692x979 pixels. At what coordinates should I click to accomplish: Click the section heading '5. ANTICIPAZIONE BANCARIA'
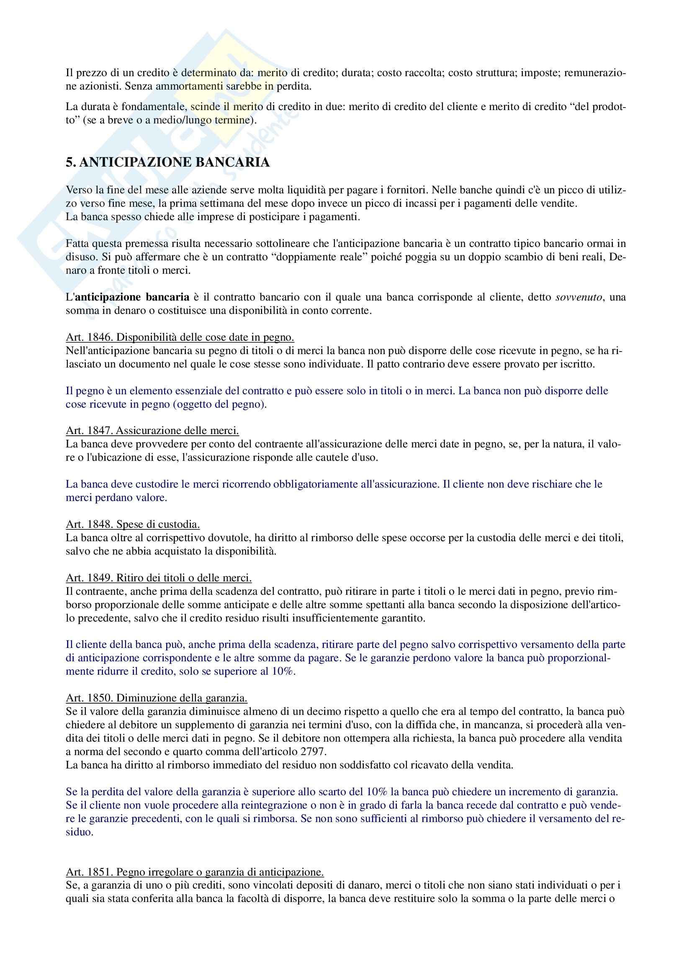(x=167, y=162)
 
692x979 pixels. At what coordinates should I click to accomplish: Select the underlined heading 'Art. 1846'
(x=180, y=337)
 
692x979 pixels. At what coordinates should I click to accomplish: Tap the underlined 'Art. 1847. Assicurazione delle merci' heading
(x=152, y=430)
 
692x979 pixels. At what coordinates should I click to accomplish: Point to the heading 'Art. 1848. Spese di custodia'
(x=133, y=524)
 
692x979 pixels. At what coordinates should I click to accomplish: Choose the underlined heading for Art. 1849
(x=159, y=578)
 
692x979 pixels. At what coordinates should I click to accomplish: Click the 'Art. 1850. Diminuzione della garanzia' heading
(x=157, y=698)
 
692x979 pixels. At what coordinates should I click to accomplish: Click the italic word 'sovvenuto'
(x=579, y=297)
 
